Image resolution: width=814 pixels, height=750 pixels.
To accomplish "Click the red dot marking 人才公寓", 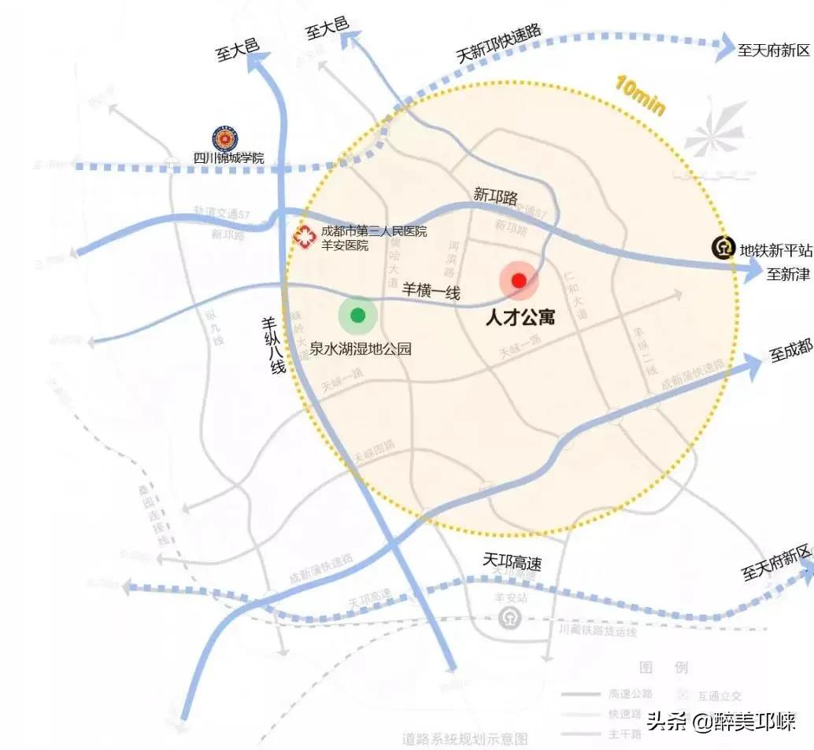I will point(518,280).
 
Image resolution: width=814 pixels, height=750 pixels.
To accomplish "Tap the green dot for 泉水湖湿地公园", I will point(357,316).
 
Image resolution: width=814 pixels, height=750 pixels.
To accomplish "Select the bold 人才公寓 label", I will point(520,318).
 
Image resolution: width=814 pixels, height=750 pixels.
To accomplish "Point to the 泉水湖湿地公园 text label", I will point(361,348).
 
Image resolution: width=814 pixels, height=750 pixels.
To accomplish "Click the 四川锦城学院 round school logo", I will point(224,139).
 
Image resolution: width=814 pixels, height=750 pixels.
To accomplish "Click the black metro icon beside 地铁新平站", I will point(722,249).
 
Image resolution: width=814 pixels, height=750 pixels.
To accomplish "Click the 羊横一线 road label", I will point(431,290).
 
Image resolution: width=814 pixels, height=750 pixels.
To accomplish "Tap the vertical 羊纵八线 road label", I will point(272,345).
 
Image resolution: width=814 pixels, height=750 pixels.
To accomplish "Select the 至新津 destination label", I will point(787,275).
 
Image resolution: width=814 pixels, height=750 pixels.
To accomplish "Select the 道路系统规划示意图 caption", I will point(464,739).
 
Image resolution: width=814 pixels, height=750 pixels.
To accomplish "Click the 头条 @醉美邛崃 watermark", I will point(720,721).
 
